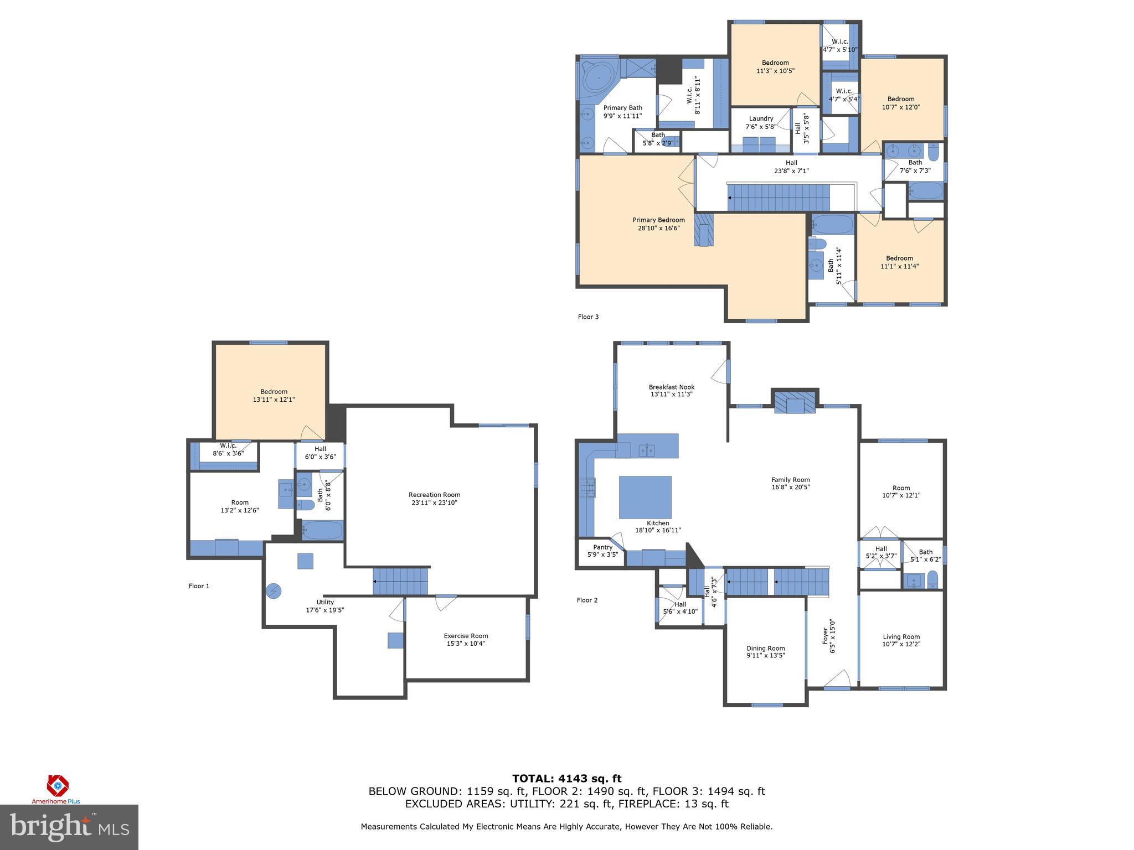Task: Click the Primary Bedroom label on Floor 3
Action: pos(658,220)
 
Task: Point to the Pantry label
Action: pos(602,547)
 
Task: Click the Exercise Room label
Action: pos(466,636)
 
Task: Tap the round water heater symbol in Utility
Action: pos(274,591)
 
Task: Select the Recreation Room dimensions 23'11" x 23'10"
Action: pos(434,503)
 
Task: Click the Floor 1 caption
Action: pos(199,586)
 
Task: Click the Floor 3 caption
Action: pos(588,317)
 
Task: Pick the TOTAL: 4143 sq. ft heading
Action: pos(566,779)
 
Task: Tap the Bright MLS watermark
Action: pos(69,827)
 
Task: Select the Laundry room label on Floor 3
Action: pos(761,118)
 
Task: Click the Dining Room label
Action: pos(765,649)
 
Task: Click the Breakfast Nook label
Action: pos(671,387)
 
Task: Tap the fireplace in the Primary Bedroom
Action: pos(704,230)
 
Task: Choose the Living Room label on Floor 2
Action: pos(901,637)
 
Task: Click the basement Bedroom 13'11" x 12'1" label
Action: pos(274,392)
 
